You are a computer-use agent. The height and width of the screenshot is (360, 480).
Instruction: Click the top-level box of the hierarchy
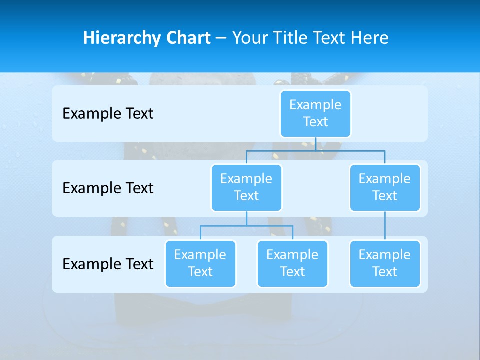tap(315, 114)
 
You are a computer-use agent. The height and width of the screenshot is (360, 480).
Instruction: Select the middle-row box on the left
tap(246, 188)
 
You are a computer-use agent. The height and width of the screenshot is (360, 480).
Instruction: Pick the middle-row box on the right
tap(385, 188)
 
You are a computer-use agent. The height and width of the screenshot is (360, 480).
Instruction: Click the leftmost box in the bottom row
tap(200, 264)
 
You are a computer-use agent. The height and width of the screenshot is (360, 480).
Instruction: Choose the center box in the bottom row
tap(292, 264)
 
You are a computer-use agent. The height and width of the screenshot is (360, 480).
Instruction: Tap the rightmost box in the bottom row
tap(385, 264)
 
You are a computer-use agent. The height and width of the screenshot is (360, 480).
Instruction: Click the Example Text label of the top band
tap(108, 114)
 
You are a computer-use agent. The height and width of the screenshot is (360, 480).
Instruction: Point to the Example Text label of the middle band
tap(108, 188)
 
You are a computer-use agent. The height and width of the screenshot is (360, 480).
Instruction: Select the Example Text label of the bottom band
tap(108, 264)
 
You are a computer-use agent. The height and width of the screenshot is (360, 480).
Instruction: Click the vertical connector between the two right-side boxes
tap(385, 226)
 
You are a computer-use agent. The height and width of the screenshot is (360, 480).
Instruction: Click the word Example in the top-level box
tap(315, 105)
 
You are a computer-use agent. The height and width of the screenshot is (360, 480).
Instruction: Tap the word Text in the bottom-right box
tap(385, 272)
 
